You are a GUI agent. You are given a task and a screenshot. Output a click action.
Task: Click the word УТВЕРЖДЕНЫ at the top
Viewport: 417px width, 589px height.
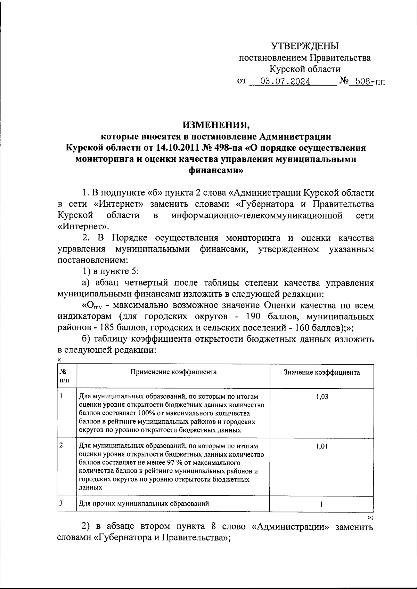[x=305, y=46]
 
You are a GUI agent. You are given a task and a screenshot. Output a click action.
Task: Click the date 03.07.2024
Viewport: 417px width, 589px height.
[x=286, y=82]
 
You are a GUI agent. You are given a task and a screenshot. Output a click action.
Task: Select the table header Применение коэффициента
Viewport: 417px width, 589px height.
[x=173, y=372]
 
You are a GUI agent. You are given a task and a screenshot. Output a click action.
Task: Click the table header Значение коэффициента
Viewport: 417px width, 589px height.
[x=322, y=373]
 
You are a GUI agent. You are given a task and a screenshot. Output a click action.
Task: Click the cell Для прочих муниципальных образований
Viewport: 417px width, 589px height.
[x=144, y=503]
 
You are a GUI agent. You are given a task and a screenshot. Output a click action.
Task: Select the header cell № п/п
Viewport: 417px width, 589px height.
[x=65, y=376]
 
